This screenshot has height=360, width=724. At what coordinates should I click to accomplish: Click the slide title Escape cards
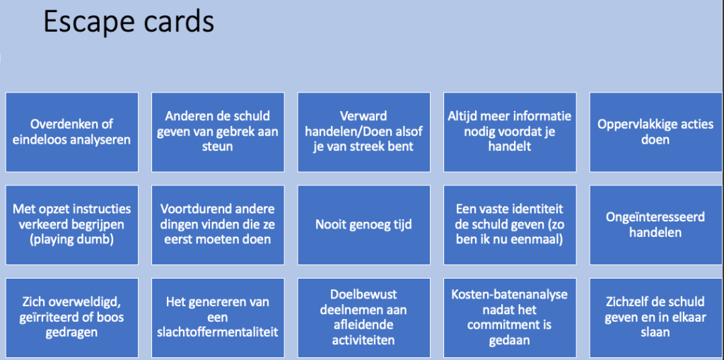pos(129,23)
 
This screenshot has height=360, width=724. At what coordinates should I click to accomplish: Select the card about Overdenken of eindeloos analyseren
pos(71,132)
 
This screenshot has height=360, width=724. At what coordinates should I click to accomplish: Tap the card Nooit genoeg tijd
pos(364,225)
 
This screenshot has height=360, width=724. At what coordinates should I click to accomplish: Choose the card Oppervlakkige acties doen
pos(655,132)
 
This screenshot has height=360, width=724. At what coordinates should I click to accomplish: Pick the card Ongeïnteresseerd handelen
pos(655,225)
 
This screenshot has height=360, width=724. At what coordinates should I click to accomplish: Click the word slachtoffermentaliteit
pos(218,332)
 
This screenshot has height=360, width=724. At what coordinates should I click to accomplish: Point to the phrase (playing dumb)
pos(71,240)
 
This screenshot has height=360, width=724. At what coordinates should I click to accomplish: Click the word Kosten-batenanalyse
pos(510,295)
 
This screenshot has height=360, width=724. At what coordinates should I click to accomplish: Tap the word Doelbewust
pos(364,295)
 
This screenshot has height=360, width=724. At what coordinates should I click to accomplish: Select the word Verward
pos(364,116)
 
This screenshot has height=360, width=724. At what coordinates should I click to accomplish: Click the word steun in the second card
pos(218,147)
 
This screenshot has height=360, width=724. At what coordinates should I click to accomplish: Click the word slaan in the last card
pos(655,332)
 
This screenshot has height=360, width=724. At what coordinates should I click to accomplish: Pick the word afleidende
pos(364,325)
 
